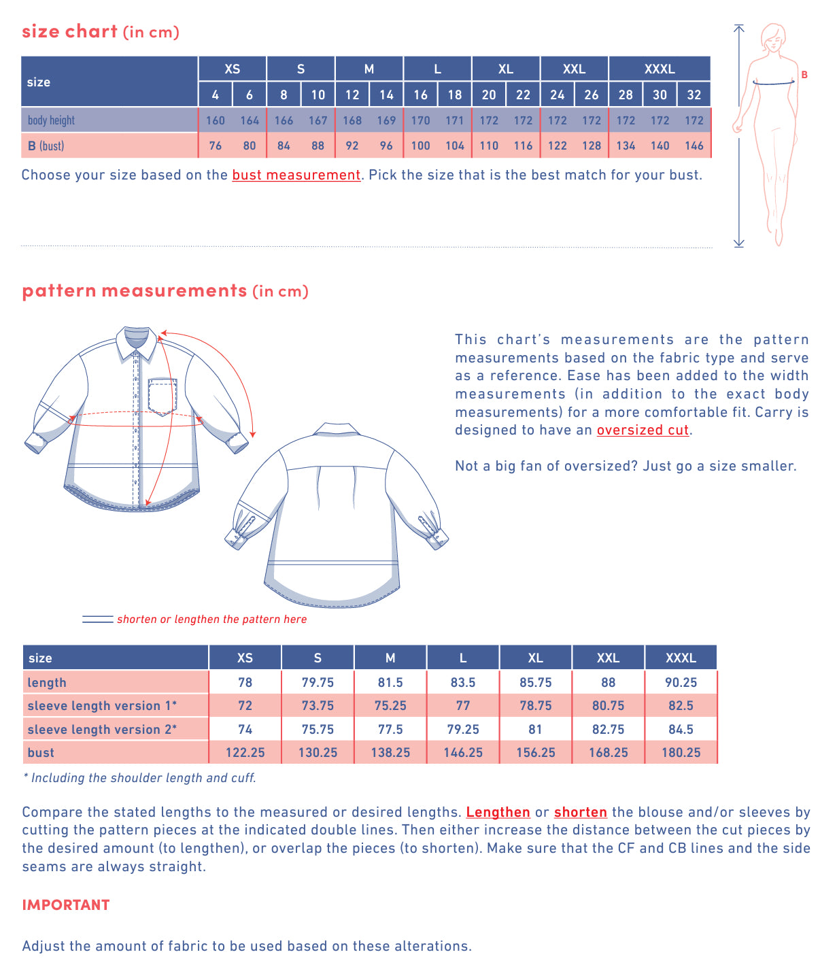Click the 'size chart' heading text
tap(70, 32)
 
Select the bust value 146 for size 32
tap(694, 146)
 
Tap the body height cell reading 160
tap(216, 120)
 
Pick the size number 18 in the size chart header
tap(455, 95)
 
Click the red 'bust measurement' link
tap(296, 175)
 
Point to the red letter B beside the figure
tap(804, 75)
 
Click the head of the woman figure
tap(773, 37)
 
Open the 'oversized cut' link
tap(643, 430)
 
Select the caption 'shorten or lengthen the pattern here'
tap(211, 619)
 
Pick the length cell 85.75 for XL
tap(535, 682)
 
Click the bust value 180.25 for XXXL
tap(681, 752)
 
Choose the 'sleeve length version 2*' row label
tap(102, 729)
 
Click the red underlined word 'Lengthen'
tap(498, 812)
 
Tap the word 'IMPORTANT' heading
tap(66, 905)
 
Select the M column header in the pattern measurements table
tap(390, 658)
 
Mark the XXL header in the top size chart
tap(574, 69)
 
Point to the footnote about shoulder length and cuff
tap(140, 777)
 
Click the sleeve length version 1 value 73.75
tap(318, 705)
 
